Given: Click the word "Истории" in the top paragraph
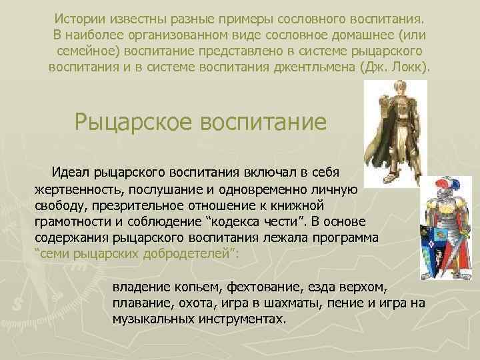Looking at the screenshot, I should tap(80, 17).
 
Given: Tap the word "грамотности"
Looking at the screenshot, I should tap(71, 221).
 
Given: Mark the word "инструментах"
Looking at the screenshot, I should tap(241, 319).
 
